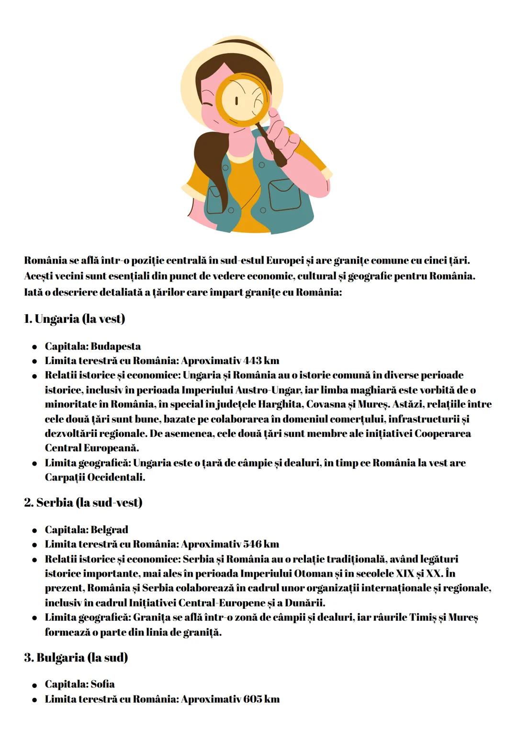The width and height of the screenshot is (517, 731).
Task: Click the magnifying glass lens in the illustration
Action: point(242,99)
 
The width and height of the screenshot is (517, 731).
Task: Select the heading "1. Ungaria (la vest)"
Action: point(74,319)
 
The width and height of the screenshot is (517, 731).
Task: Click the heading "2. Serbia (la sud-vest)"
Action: point(83,503)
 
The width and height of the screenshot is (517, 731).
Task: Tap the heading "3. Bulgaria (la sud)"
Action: point(76,657)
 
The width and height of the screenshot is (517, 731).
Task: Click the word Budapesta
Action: point(115,346)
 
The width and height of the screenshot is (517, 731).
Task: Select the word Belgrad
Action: point(109,530)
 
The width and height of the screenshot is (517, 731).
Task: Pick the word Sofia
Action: point(102,684)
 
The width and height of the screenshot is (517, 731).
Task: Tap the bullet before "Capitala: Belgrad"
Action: point(35,531)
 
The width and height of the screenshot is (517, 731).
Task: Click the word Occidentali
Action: point(116,478)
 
